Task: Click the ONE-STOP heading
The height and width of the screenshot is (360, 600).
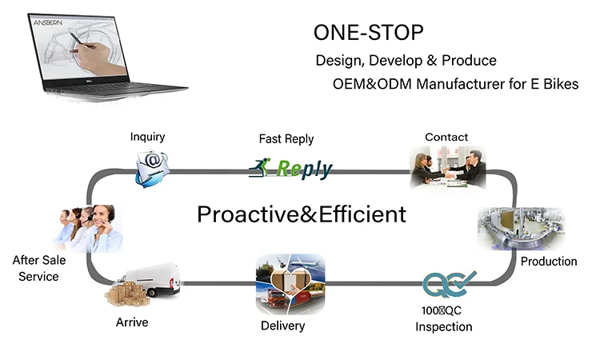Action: tap(369, 33)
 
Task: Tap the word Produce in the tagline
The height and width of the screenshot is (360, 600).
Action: tap(469, 61)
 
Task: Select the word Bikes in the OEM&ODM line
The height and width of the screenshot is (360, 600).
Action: tap(561, 84)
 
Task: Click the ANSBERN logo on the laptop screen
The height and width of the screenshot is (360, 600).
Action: tap(48, 23)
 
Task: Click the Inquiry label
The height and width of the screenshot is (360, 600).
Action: tap(147, 137)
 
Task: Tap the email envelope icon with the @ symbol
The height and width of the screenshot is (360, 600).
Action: tap(152, 169)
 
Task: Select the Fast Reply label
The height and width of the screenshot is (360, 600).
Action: tap(286, 139)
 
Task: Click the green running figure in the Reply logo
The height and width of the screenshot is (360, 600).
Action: tap(260, 167)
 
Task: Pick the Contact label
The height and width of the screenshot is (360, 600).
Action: tap(446, 137)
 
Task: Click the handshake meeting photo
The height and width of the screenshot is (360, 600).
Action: tap(448, 167)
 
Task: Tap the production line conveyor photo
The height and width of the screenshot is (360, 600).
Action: tap(521, 229)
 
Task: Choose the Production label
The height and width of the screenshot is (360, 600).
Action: tap(549, 262)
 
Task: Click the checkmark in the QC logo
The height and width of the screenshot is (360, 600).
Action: tap(464, 280)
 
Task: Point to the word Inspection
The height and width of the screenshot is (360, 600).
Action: tap(444, 326)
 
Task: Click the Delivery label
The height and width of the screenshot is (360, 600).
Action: tap(282, 326)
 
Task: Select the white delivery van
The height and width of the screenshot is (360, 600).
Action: tap(151, 279)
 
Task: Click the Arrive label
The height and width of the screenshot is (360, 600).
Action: tap(132, 322)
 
